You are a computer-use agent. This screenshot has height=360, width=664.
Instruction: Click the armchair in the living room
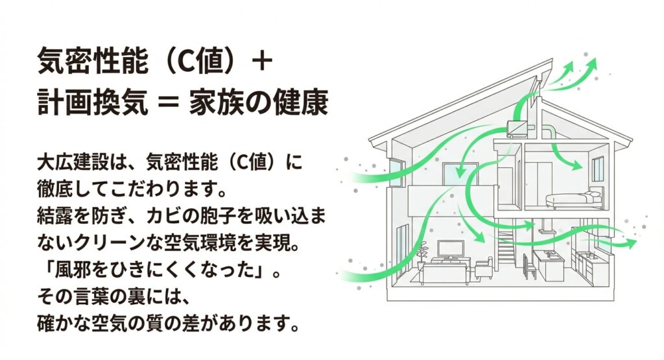(484, 267)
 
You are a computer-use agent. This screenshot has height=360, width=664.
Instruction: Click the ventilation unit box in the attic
(517, 128)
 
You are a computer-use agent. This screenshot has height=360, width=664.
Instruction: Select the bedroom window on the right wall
(597, 167)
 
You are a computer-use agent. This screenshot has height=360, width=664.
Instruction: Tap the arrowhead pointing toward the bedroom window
(577, 167)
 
